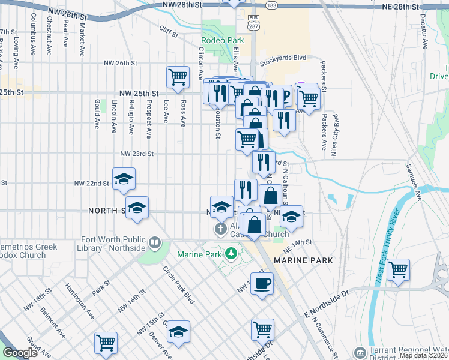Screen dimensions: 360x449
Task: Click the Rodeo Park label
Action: [x=218, y=41]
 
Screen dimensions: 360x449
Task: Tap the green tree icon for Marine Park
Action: [x=231, y=254]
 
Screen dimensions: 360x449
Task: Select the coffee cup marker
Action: [x=261, y=283]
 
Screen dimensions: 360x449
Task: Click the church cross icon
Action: [x=220, y=229]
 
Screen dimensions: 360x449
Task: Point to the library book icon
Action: [x=155, y=242]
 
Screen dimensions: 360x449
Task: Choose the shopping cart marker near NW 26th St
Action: [x=178, y=77]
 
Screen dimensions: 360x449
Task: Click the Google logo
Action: [x=20, y=353]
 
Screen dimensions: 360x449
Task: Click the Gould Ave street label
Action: [x=96, y=115]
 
